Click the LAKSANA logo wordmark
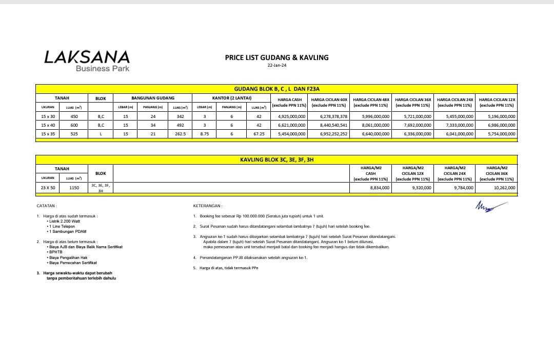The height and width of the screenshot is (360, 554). pyautogui.click(x=87, y=57)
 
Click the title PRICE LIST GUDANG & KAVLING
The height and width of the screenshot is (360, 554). pyautogui.click(x=276, y=57)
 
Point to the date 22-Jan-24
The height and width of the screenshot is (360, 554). pyautogui.click(x=276, y=66)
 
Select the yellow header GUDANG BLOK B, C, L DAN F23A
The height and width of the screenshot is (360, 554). pyautogui.click(x=276, y=89)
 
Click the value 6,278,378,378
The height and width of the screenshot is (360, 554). pyautogui.click(x=330, y=116)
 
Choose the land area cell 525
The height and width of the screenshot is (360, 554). pyautogui.click(x=74, y=133)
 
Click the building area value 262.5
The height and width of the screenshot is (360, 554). pyautogui.click(x=180, y=133)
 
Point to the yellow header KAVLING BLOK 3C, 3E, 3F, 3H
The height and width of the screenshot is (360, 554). pyautogui.click(x=276, y=159)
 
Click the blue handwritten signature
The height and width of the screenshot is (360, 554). pyautogui.click(x=490, y=206)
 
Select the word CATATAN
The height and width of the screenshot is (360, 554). pyautogui.click(x=47, y=206)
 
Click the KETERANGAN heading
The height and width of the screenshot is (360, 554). pyautogui.click(x=208, y=206)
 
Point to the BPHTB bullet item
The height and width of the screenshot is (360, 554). pyautogui.click(x=54, y=252)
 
